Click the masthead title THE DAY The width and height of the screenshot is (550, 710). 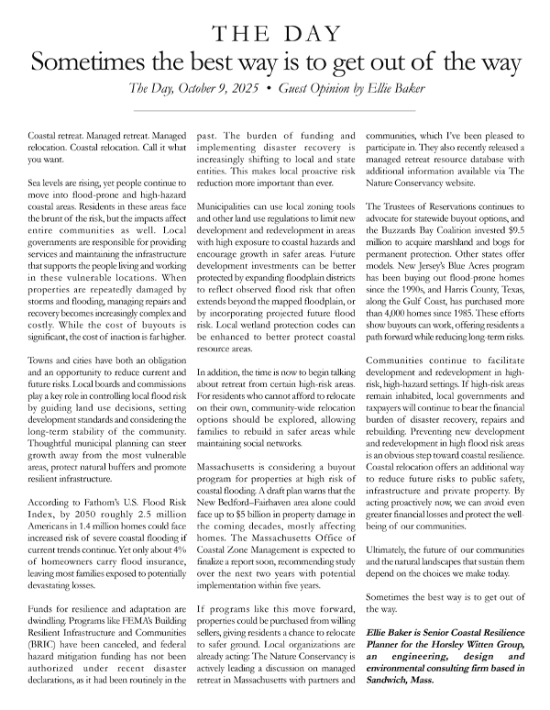coord(275,35)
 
